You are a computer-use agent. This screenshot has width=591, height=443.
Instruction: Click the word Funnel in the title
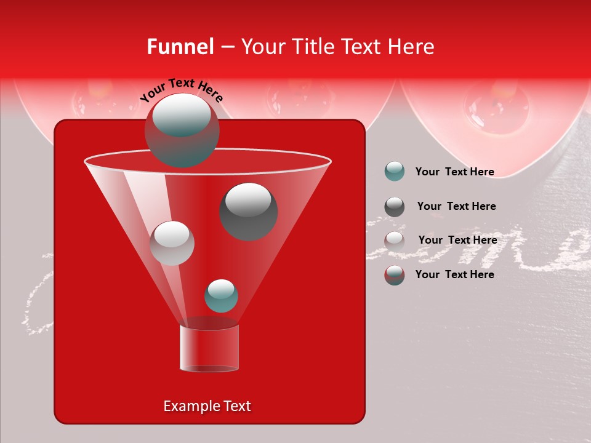click(180, 47)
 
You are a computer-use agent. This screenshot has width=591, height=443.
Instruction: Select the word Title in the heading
click(312, 47)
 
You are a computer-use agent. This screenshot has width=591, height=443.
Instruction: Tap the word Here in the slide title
click(411, 47)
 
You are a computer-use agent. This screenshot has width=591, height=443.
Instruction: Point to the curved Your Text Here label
click(182, 90)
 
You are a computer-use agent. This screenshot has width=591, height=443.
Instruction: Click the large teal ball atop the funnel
click(182, 130)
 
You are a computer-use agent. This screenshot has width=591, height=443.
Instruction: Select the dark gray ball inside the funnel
click(249, 211)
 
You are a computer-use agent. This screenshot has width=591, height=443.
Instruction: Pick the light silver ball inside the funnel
click(172, 243)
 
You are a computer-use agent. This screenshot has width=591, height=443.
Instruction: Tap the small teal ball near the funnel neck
click(221, 296)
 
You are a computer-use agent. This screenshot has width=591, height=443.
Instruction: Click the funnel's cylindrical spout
click(209, 348)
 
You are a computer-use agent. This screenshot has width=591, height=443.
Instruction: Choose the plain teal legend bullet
click(395, 172)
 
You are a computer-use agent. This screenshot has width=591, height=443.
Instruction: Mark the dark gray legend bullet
click(395, 207)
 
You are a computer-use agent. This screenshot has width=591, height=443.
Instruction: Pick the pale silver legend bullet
click(395, 241)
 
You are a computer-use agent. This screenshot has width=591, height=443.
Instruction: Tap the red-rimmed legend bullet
click(395, 275)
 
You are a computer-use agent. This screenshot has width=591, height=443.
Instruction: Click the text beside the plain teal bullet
click(454, 172)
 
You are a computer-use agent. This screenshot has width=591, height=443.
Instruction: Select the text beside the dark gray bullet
click(456, 206)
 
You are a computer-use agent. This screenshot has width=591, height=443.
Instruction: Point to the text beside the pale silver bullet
click(457, 240)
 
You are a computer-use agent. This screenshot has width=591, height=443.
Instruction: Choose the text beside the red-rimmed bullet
click(454, 274)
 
